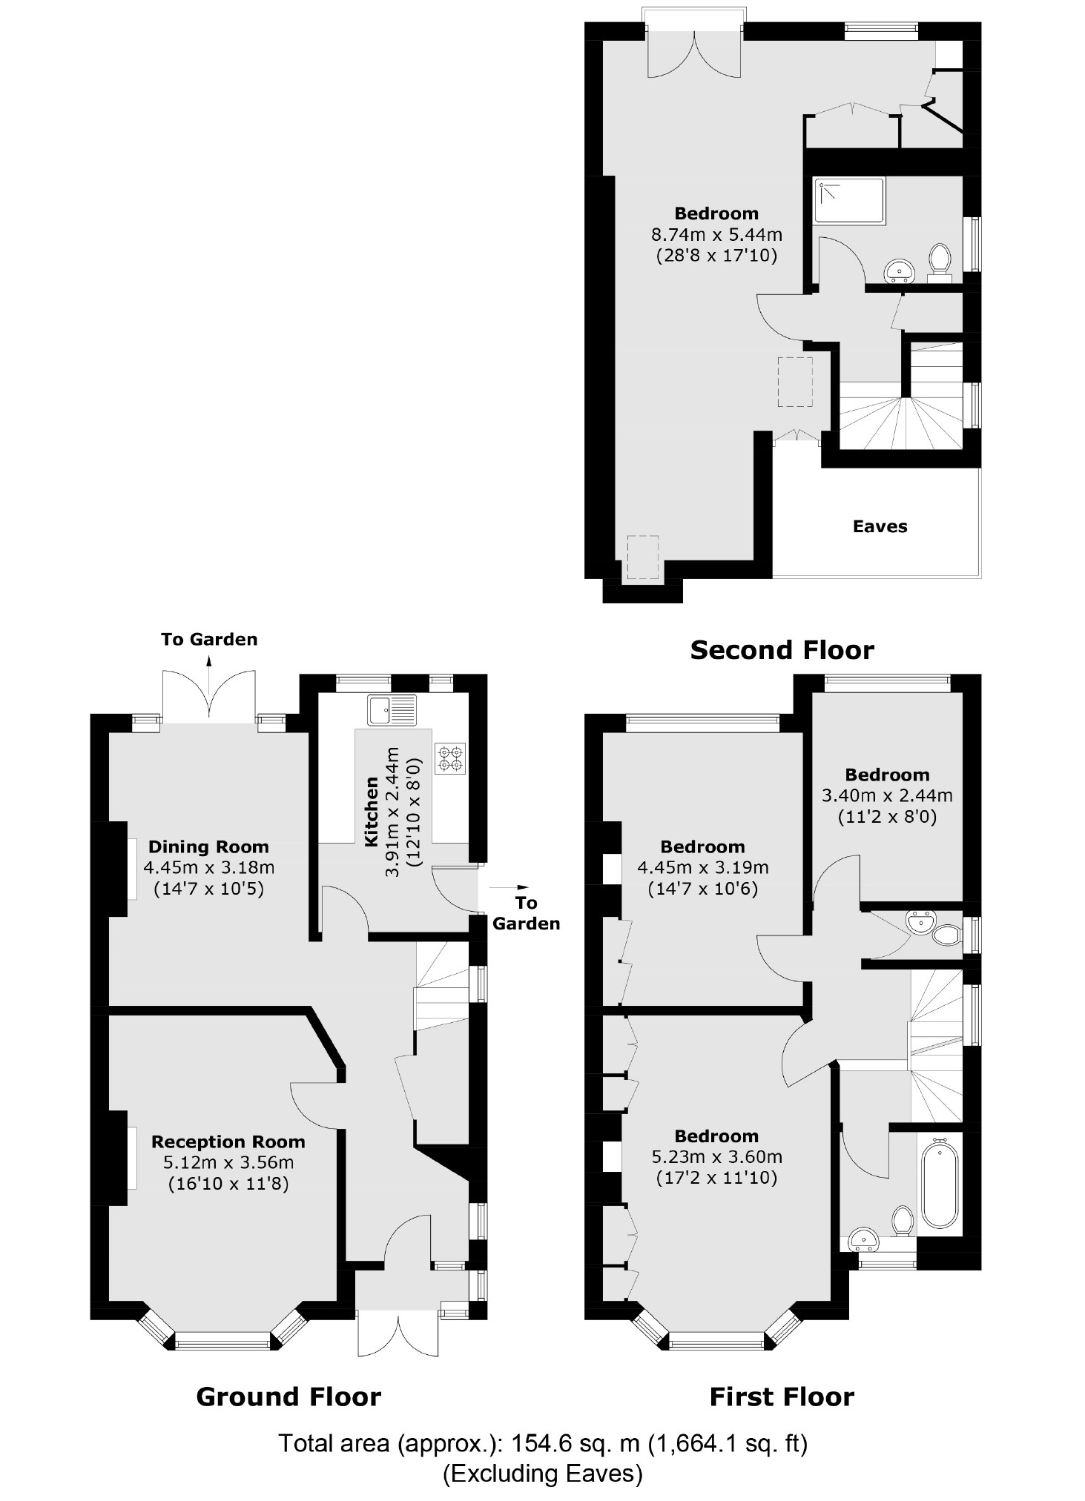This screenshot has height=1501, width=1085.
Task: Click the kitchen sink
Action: (391, 710)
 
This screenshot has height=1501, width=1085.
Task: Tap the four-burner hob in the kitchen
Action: (450, 758)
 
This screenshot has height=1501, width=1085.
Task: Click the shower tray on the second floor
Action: (849, 200)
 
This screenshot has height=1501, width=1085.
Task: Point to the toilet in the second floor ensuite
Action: (940, 262)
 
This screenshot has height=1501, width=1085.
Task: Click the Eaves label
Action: (880, 526)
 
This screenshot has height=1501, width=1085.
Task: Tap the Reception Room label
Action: (228, 1142)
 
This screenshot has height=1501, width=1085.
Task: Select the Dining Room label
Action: (208, 846)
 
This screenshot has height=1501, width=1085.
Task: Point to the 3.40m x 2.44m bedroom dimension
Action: (887, 796)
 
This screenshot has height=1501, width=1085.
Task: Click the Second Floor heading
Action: (782, 650)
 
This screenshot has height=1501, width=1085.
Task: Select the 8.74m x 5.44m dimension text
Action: (716, 235)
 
